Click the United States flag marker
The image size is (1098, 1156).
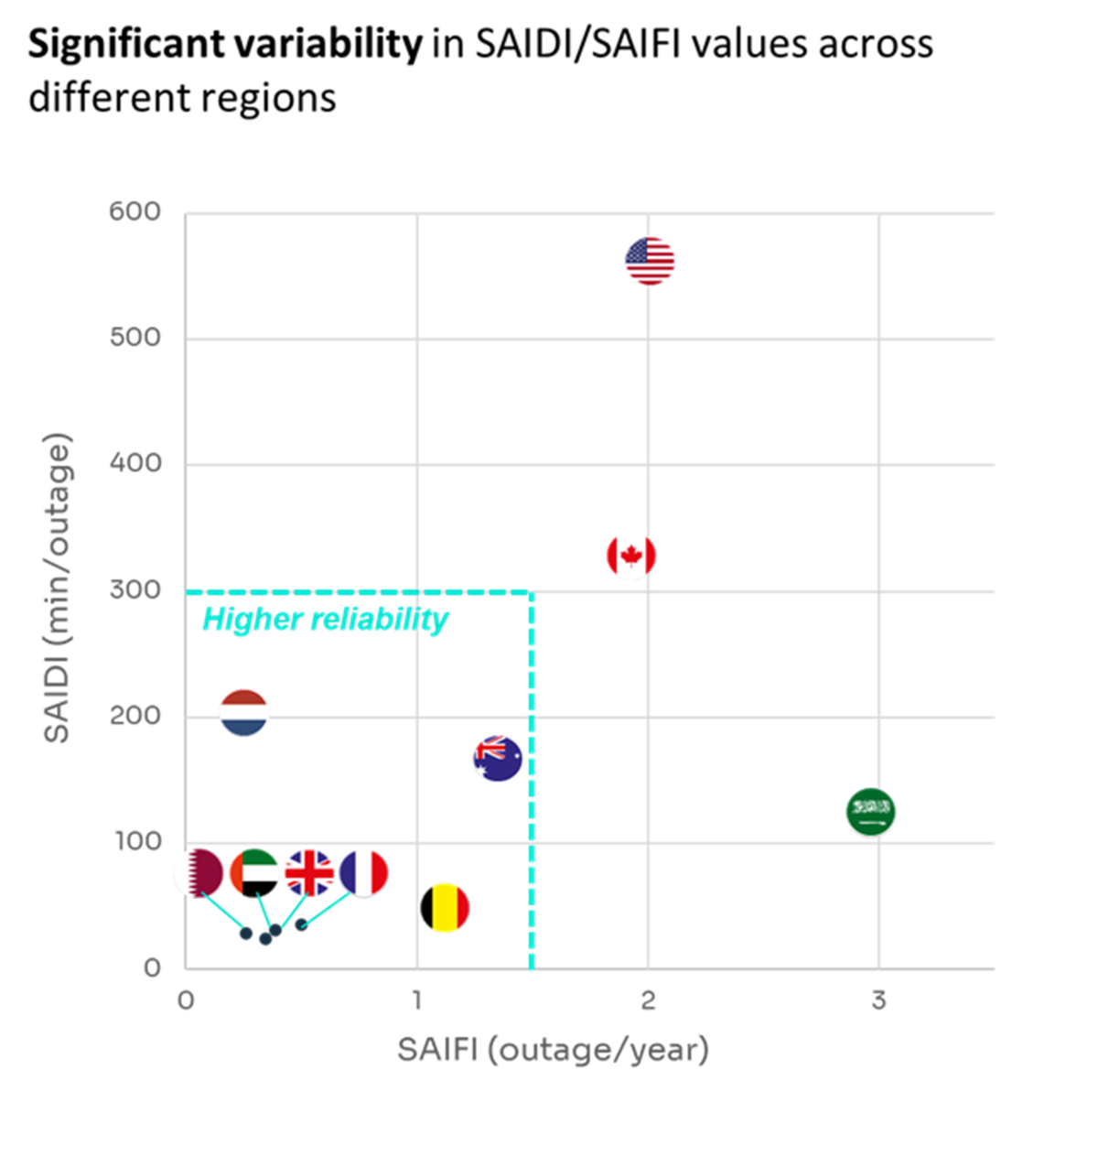pyautogui.click(x=650, y=261)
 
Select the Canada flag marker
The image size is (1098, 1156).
pyautogui.click(x=631, y=556)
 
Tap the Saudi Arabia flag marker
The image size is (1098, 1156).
pyautogui.click(x=870, y=811)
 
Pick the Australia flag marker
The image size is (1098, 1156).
pyautogui.click(x=498, y=758)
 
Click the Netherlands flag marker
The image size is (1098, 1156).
pyautogui.click(x=244, y=712)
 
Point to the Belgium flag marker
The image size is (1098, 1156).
pyautogui.click(x=445, y=908)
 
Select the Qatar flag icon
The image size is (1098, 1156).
pyautogui.click(x=199, y=873)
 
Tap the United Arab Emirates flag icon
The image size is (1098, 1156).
pyautogui.click(x=254, y=873)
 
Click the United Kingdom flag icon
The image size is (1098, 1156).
pyautogui.click(x=309, y=873)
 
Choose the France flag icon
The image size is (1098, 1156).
pyautogui.click(x=364, y=873)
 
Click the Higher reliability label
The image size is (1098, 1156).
pyautogui.click(x=325, y=620)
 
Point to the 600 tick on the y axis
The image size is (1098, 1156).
pyautogui.click(x=135, y=212)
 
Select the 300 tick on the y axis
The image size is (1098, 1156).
pyautogui.click(x=135, y=590)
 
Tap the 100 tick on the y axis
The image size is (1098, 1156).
pyautogui.click(x=137, y=842)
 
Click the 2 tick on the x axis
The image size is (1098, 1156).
pyautogui.click(x=648, y=1000)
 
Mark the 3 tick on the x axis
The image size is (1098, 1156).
pyautogui.click(x=878, y=1000)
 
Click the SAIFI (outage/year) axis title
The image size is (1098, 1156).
pyautogui.click(x=553, y=1049)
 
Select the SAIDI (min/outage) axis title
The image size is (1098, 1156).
pyautogui.click(x=57, y=590)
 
